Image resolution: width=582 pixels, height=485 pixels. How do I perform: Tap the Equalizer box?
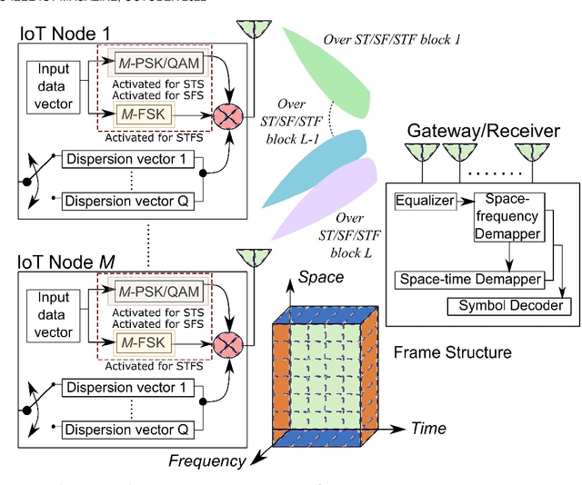[x=425, y=201]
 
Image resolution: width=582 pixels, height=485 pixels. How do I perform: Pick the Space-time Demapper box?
[x=469, y=280]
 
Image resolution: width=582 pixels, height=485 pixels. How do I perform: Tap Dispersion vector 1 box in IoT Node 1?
[x=132, y=160]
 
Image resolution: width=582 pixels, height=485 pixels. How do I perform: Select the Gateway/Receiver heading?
[x=483, y=132]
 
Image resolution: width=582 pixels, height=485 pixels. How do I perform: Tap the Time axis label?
[x=428, y=427]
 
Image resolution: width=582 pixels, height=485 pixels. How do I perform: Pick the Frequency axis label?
[x=207, y=460]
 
